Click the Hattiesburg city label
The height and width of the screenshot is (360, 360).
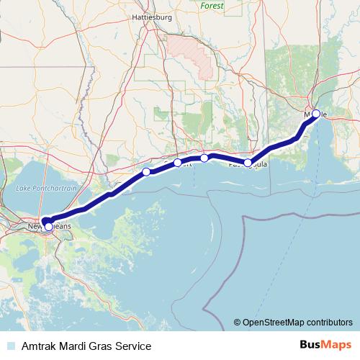(x=150, y=15)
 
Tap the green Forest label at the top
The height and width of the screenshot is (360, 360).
(x=212, y=5)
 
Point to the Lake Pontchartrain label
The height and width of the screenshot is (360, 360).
(x=46, y=188)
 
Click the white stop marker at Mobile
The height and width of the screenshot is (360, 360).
(x=316, y=114)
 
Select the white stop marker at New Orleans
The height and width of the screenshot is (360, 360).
(x=48, y=226)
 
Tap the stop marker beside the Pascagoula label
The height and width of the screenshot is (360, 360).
(x=248, y=163)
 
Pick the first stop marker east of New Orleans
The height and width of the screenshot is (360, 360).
(x=146, y=171)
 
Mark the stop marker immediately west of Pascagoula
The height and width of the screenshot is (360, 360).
(x=204, y=158)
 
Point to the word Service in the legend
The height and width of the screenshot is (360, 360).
(x=134, y=346)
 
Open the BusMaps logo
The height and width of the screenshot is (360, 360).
(x=327, y=346)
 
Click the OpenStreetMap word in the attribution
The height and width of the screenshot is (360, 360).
(x=276, y=322)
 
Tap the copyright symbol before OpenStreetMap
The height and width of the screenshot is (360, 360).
(x=237, y=322)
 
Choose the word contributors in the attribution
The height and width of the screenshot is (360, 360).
(x=329, y=322)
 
